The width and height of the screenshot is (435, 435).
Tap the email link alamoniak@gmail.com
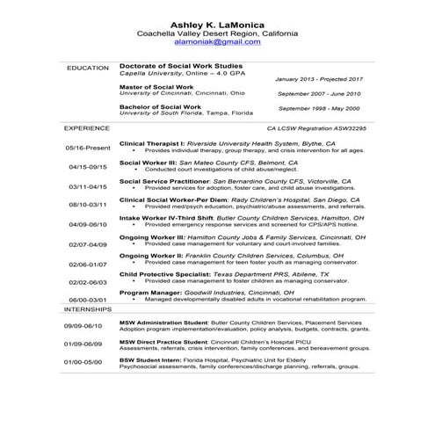[217, 41]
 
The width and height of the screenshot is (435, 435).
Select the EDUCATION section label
[87, 67]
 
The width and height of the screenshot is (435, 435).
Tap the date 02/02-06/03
[87, 282]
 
